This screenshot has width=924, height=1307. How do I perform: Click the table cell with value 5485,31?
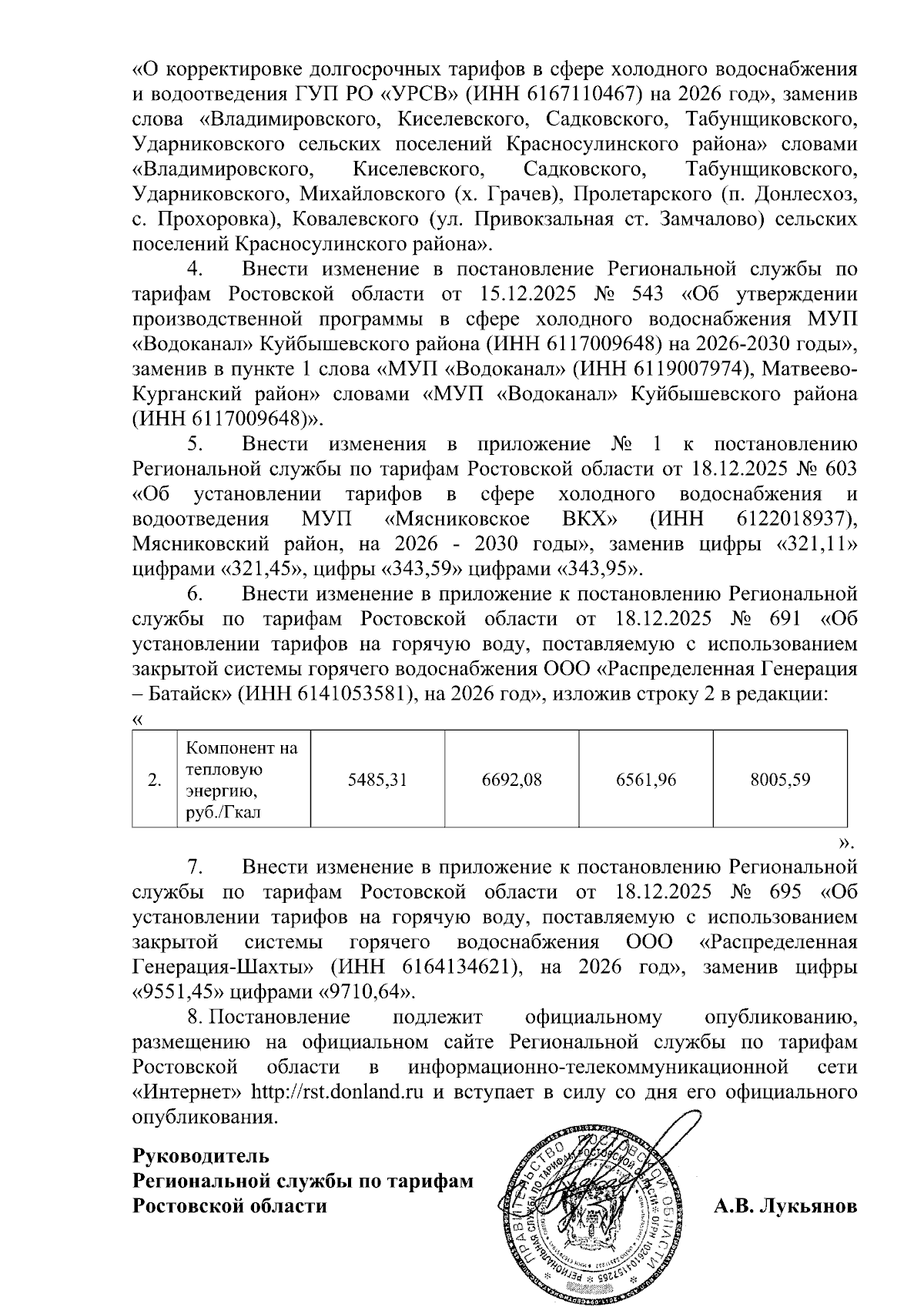click(377, 780)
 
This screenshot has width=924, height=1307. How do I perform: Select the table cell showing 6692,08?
click(512, 780)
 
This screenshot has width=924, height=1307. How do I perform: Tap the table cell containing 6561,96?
click(646, 780)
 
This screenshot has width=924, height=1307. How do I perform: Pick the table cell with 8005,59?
click(780, 780)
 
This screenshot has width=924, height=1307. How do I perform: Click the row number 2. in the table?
click(155, 780)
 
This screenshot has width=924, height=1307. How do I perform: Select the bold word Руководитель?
click(201, 1156)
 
